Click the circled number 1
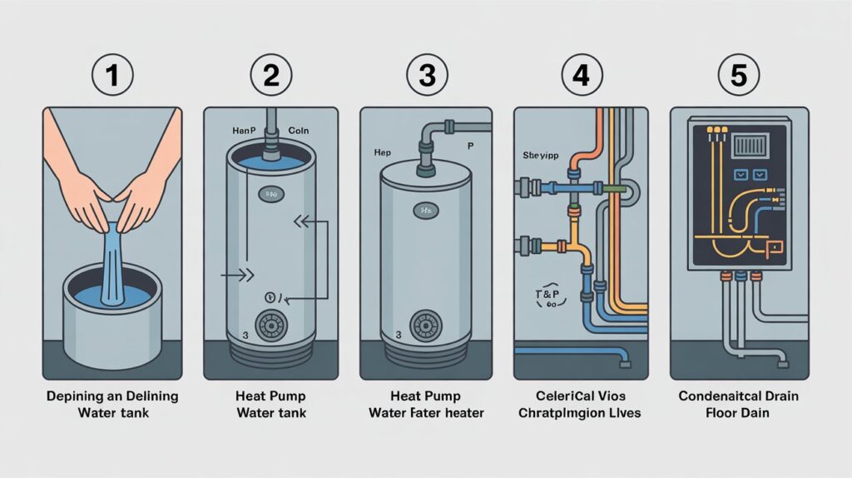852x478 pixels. click(111, 76)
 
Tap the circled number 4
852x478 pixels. click(582, 76)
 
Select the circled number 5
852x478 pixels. click(738, 76)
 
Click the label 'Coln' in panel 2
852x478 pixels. click(298, 131)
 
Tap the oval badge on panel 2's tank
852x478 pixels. click(270, 193)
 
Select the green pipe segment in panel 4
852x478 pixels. click(614, 189)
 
